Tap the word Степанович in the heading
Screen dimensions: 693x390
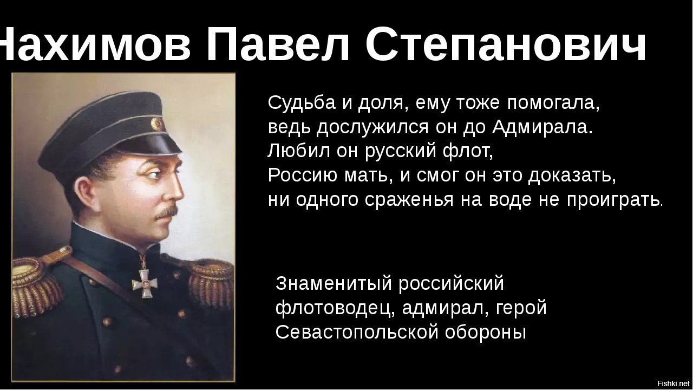click(505, 44)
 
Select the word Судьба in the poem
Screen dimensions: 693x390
click(302, 103)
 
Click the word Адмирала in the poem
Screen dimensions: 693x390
click(542, 127)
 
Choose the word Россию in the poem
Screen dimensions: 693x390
click(303, 175)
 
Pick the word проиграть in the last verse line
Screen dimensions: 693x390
click(614, 200)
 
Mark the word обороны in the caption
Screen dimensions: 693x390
click(486, 333)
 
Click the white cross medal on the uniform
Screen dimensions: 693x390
click(145, 283)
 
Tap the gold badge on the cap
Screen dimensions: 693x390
click(157, 124)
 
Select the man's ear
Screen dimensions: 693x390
click(84, 193)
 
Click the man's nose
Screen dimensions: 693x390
click(176, 191)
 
